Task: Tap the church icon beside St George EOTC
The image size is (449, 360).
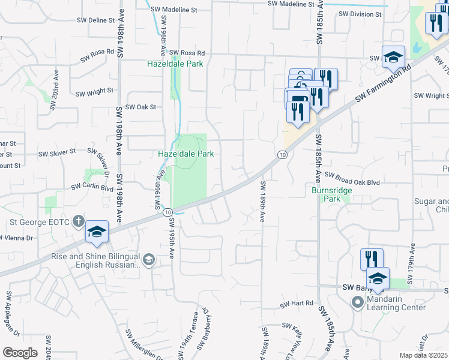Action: (78, 221)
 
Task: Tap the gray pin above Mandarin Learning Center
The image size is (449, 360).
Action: (358, 303)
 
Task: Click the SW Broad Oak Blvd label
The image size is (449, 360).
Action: (352, 178)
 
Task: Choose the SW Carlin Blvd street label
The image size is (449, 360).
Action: (92, 187)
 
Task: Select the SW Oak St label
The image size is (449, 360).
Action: (139, 107)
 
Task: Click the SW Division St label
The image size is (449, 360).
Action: (360, 14)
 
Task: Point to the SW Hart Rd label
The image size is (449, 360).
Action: (297, 304)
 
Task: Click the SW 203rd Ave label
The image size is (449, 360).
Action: (56, 84)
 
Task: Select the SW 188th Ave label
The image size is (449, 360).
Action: (262, 200)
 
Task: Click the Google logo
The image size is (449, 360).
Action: (20, 353)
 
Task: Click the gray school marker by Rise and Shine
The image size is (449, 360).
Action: (148, 259)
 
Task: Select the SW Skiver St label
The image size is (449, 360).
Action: (58, 154)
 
